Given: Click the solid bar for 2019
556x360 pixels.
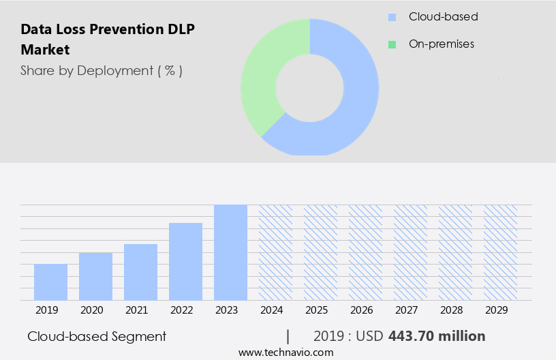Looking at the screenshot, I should (50, 282).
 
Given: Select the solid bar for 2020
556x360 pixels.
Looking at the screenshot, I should (95, 276).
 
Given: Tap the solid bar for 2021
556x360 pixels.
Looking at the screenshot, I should (140, 272).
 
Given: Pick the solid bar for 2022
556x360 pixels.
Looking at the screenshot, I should (185, 261).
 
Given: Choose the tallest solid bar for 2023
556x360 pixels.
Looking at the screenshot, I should (230, 252).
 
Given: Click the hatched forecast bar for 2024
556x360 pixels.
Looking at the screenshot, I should (275, 252).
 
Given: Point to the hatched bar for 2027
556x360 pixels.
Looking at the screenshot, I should (410, 252).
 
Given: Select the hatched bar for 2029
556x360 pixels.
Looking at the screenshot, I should (500, 252).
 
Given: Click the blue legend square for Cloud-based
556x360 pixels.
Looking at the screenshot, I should (392, 17).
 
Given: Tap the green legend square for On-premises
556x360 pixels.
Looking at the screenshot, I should (392, 44).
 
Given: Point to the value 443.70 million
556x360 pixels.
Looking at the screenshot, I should (436, 336).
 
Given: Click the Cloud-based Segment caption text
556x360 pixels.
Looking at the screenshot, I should (97, 336).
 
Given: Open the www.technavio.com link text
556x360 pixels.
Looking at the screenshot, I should (285, 352).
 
